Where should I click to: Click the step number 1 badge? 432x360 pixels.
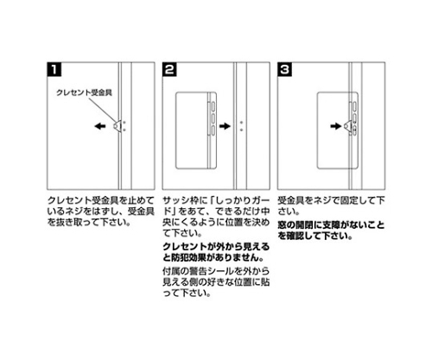coord(54,69)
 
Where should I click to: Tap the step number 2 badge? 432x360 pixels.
coord(169,69)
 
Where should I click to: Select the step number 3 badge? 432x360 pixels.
coord(284,69)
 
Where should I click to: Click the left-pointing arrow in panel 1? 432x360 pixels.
coord(100,126)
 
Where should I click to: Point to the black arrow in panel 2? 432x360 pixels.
coord(225,126)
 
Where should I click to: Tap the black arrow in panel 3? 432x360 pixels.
coord(336,126)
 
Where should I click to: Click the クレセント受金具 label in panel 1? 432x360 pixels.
coord(84,92)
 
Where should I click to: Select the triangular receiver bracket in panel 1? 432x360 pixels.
coord(117,126)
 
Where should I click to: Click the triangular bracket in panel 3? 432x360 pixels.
coord(347,126)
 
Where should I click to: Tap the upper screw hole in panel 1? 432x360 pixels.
coord(124,123)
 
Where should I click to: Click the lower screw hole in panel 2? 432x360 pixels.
coord(241,130)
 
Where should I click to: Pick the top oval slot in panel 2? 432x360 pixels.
coord(213,107)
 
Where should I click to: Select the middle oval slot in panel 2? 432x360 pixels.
coord(213,118)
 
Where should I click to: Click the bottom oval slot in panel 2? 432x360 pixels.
coord(213,130)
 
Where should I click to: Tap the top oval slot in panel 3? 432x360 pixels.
coord(354,106)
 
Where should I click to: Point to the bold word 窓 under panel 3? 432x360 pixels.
coord(282,224)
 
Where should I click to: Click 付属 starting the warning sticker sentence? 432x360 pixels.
coord(172,271)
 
